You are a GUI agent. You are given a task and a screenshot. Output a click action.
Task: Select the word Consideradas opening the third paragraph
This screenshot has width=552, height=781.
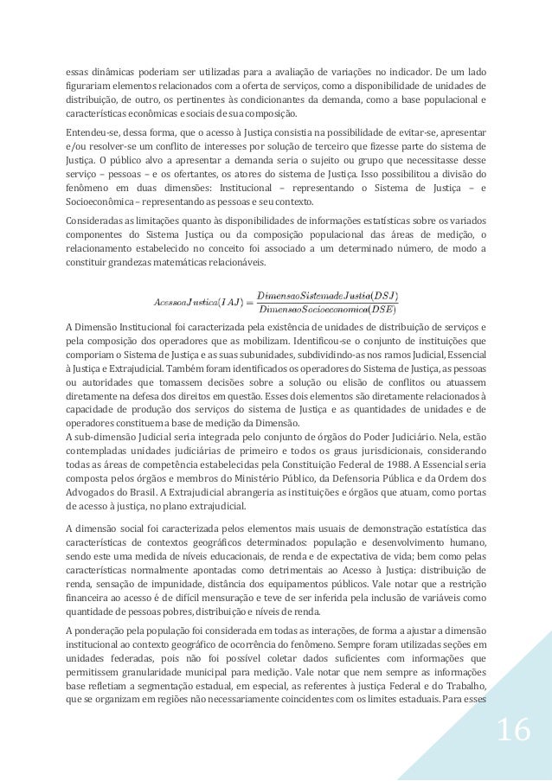pos(96,220)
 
